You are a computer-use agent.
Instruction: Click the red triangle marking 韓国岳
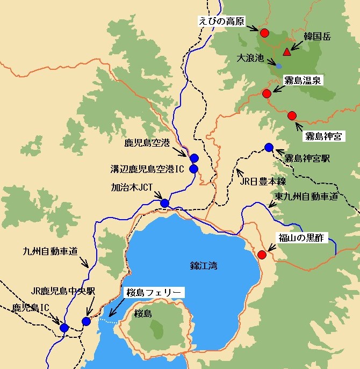click(x=287, y=52)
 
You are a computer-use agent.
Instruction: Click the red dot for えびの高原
click(x=264, y=33)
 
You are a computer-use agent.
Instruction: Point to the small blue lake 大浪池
click(x=279, y=66)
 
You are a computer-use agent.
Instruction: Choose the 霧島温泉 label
click(x=303, y=81)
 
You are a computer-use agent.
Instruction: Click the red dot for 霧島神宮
click(x=292, y=115)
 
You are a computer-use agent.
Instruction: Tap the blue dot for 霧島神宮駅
click(x=269, y=147)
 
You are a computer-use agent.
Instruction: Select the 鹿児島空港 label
click(x=147, y=143)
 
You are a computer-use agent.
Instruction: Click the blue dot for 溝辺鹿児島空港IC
click(x=194, y=169)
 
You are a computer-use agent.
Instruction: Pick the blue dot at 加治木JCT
click(x=165, y=203)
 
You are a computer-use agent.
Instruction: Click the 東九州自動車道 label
click(x=306, y=197)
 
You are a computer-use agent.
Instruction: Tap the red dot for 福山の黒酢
click(x=262, y=255)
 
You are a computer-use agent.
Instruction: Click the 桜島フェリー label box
click(x=154, y=293)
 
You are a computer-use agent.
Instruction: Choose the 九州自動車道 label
click(x=51, y=250)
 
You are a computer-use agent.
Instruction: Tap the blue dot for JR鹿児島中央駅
click(x=87, y=321)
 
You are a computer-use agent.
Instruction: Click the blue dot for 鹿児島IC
click(x=64, y=328)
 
